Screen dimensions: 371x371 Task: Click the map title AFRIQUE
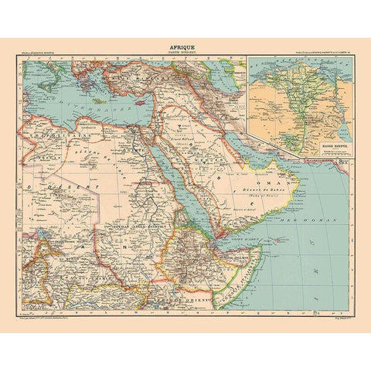(x=185, y=45)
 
